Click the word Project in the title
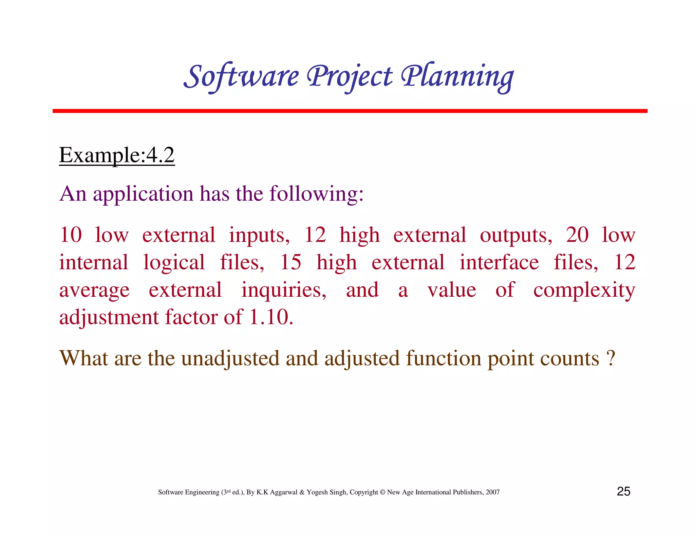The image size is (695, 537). coord(350,76)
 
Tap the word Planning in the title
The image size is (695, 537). coord(457,76)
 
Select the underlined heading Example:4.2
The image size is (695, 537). coord(117,155)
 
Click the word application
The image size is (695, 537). coord(143,194)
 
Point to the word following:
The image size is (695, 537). coord(316,194)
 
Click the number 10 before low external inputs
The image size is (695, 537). coord(71,235)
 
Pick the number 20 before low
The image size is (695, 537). coord(577,235)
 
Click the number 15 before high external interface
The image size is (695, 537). coord(290,262)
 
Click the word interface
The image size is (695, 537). coord(499,262)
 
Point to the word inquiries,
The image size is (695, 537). coord(284,290)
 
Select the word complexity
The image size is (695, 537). coord(584,290)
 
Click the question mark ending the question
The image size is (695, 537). coord(611,359)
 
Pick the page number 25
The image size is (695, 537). coord(623,492)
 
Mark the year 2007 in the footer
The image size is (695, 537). coord(492,492)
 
